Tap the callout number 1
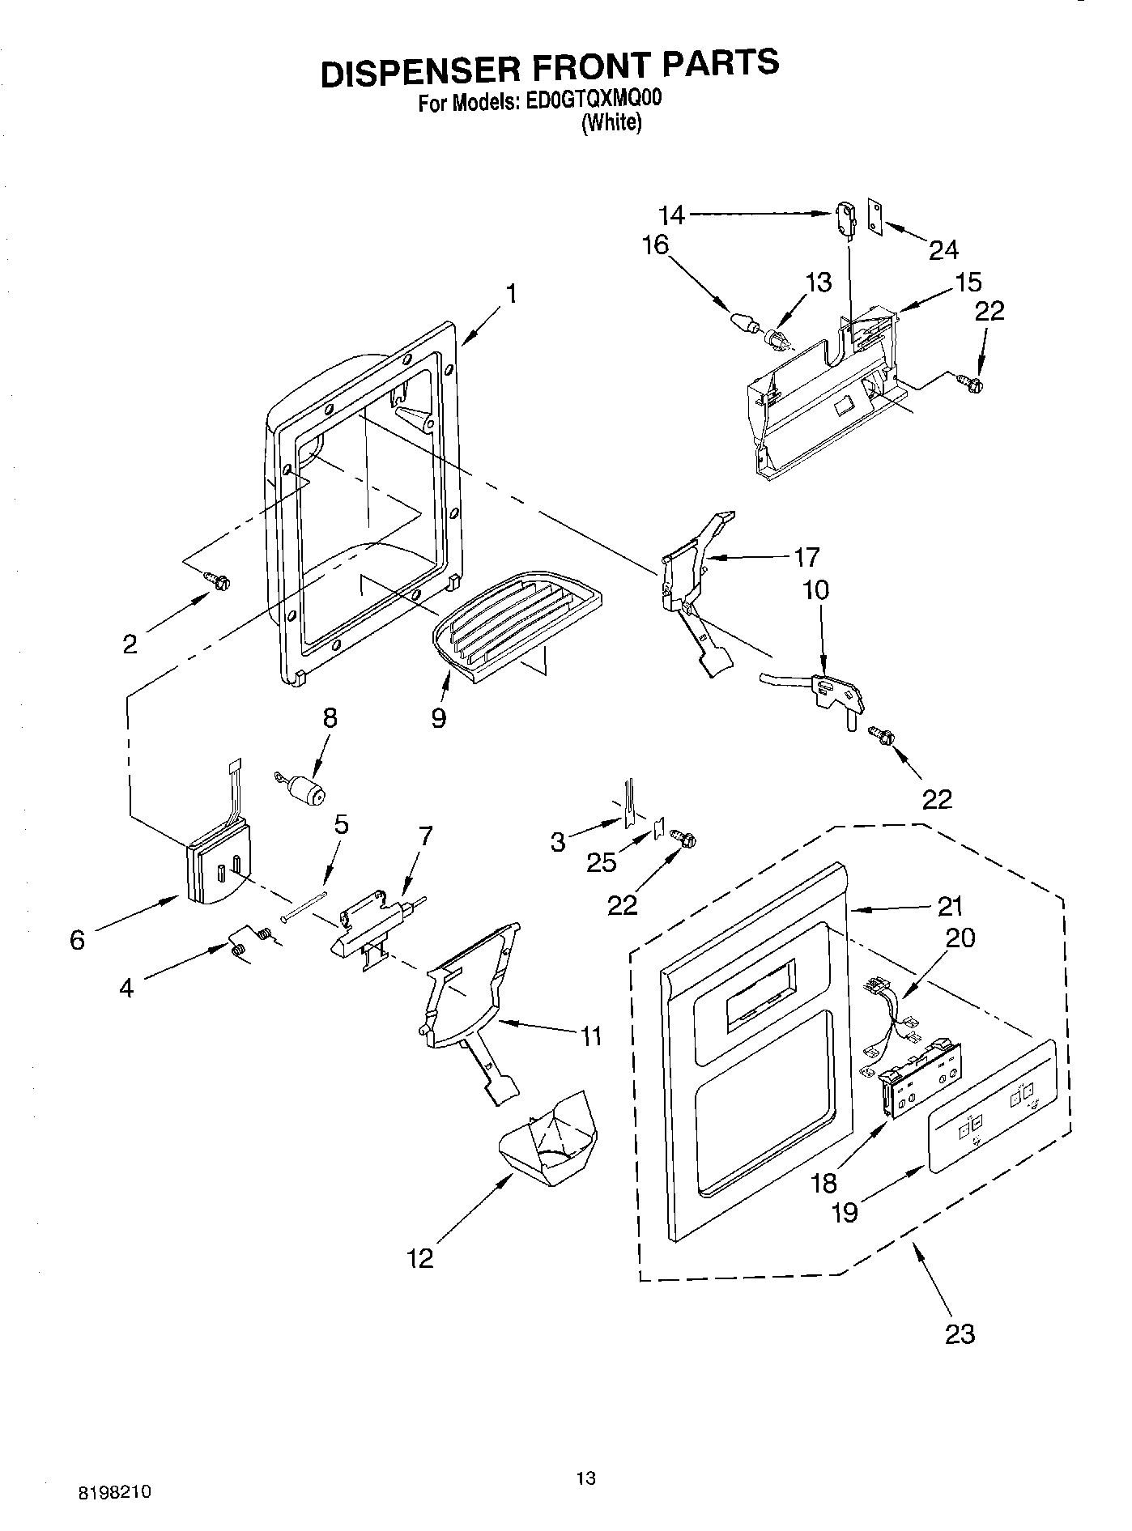point(512,293)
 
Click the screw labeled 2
point(218,580)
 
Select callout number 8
point(330,719)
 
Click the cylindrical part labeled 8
point(304,789)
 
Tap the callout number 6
point(78,940)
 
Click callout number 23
point(960,1333)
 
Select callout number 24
point(943,250)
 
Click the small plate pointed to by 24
point(875,216)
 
